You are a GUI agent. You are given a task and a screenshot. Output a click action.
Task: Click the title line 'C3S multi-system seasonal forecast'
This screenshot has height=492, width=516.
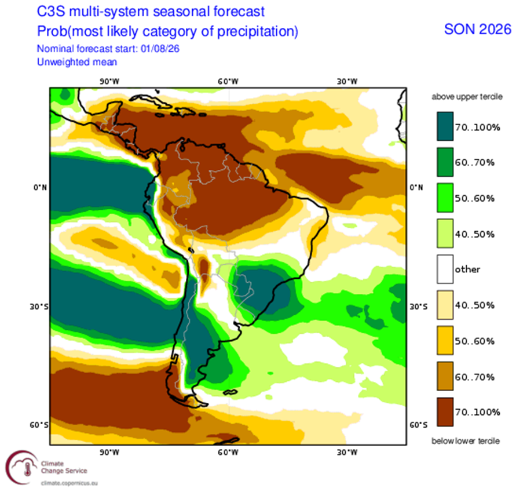(x=151, y=12)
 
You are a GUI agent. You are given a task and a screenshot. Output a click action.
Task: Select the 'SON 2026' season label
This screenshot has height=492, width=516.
(x=478, y=30)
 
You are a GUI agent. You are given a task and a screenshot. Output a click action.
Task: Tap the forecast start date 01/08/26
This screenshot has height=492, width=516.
(x=160, y=49)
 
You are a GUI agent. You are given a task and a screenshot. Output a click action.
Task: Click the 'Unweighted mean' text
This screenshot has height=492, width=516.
(x=77, y=62)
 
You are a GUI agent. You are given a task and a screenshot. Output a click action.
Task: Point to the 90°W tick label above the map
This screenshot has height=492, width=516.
(x=109, y=81)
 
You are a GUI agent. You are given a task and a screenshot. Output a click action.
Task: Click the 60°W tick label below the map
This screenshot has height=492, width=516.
(x=228, y=453)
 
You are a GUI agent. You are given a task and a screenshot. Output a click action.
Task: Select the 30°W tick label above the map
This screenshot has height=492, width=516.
(x=347, y=81)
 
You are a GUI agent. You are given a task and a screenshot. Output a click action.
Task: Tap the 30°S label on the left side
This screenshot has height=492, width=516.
(x=39, y=307)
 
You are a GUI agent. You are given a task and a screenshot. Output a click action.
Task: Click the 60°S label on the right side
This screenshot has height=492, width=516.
(x=418, y=425)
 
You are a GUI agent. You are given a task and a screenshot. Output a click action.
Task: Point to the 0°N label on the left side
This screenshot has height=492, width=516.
(x=40, y=187)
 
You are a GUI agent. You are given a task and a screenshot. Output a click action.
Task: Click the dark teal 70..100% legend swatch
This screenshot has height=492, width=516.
(x=445, y=126)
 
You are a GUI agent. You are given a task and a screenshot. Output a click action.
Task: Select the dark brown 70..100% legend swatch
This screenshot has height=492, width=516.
(x=445, y=412)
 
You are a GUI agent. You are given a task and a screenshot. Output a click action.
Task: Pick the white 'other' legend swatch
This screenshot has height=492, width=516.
(x=445, y=269)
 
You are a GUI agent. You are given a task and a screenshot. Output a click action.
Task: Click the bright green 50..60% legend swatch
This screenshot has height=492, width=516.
(x=445, y=198)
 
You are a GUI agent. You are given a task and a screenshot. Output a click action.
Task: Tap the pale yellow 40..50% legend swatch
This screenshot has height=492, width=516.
(x=445, y=305)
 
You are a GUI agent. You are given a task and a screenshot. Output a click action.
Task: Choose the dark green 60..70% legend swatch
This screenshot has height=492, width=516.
(x=445, y=162)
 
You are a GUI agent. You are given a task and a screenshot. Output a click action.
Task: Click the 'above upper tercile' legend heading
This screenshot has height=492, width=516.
(x=467, y=97)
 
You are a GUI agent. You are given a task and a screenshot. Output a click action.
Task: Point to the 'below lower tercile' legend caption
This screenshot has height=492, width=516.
(x=466, y=440)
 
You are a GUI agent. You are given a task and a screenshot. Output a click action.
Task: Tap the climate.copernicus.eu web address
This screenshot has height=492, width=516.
(x=69, y=483)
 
